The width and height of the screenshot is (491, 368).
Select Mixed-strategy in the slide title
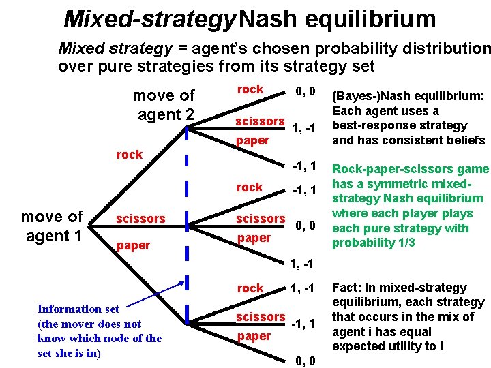coord(149,18)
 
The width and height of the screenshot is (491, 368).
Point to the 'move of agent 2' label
coord(163,105)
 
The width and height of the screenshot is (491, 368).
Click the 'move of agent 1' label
coord(52,226)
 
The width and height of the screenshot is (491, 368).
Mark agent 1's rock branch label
coord(130,155)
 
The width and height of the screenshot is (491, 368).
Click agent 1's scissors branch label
coord(140,219)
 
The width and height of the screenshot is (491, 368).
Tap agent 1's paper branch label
coord(134,245)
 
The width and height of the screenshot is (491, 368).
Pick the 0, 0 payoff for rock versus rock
coord(304,91)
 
